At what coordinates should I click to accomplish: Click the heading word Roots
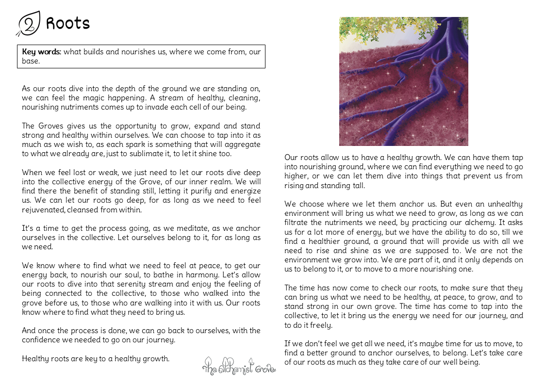(68, 23)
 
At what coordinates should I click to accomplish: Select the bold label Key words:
(41, 52)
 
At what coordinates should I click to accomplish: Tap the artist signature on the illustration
(462, 140)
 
